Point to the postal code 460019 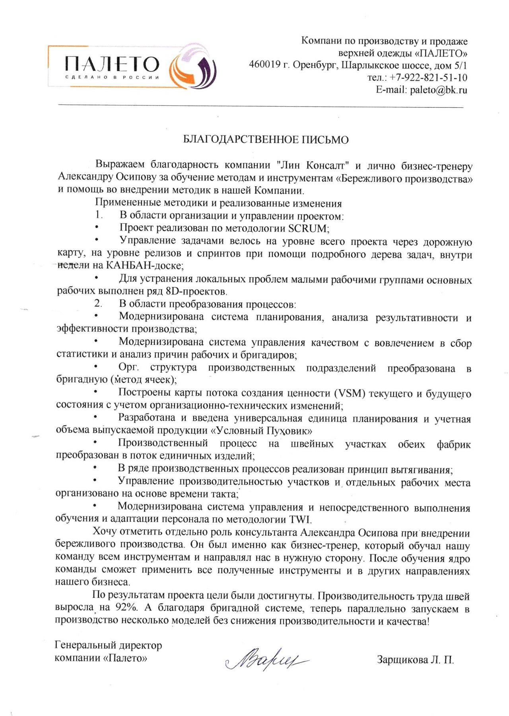pyautogui.click(x=265, y=65)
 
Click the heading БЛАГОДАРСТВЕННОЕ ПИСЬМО pyautogui.click(x=266, y=140)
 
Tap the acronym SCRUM pyautogui.click(x=308, y=229)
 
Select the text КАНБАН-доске pyautogui.click(x=144, y=265)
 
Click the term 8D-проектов pyautogui.click(x=196, y=292)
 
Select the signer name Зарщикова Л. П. pyautogui.click(x=415, y=660)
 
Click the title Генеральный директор pyautogui.click(x=108, y=645)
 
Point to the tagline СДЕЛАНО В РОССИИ pyautogui.click(x=112, y=78)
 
